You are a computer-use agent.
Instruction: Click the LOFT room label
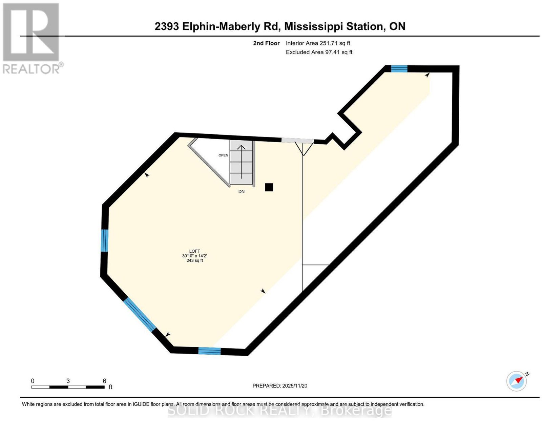coord(194,251)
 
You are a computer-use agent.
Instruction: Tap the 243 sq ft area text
coord(194,260)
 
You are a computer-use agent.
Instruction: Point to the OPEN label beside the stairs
coord(223,155)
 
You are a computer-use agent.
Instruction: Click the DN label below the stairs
coord(241,192)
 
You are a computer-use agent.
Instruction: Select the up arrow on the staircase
coord(241,162)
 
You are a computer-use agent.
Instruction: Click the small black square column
coord(269,187)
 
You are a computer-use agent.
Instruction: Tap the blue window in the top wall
coord(399,68)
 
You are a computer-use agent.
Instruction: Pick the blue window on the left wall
coord(105,240)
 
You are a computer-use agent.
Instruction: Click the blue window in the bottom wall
coord(209,351)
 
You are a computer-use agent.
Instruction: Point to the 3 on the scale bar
coord(68,381)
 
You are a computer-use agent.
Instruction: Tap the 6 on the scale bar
coord(104,381)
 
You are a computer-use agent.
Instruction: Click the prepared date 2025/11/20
coord(295,386)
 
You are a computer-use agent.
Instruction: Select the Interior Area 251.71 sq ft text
coord(318,43)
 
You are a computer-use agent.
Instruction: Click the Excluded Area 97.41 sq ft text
coord(319,52)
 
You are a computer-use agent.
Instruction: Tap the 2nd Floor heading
coord(266,43)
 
